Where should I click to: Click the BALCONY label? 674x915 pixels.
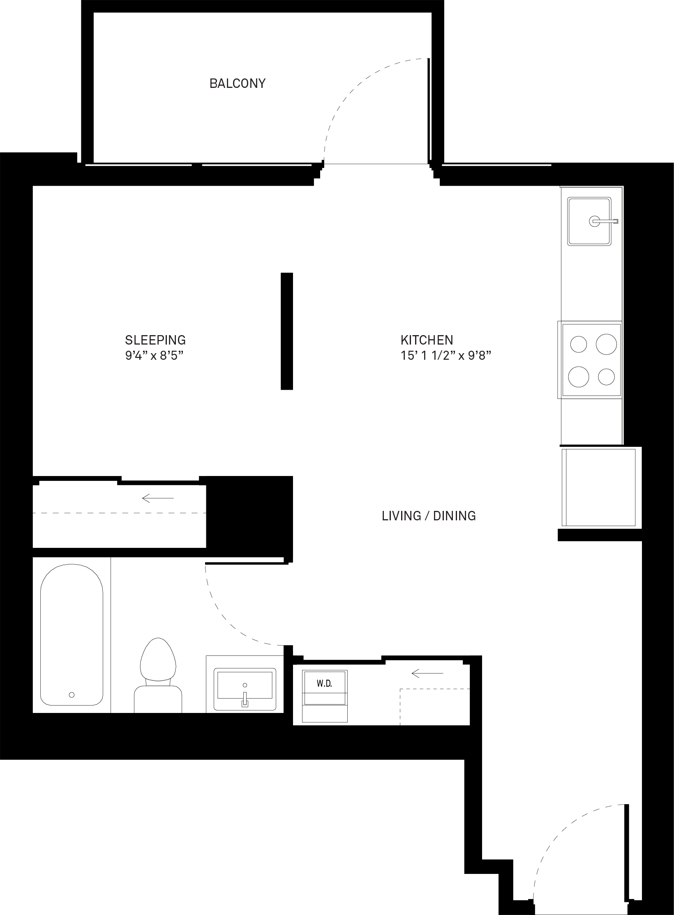coord(238,83)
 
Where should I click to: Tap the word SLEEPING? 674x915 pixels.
coord(155,340)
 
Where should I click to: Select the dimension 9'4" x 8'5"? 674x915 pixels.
coord(154,356)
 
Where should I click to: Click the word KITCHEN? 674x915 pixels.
coord(427,340)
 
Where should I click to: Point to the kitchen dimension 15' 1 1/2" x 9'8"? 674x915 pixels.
coord(446,356)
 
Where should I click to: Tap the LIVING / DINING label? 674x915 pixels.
coord(429,516)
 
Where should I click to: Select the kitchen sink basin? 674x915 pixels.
coord(589,221)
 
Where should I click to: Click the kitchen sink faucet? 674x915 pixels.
coord(604,221)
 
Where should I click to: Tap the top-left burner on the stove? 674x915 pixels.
coord(579,344)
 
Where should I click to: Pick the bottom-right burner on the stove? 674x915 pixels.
coord(606,377)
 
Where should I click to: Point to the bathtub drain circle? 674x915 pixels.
coord(72,695)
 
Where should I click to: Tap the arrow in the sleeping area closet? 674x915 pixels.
coord(158,498)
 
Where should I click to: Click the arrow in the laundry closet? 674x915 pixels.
coord(427,673)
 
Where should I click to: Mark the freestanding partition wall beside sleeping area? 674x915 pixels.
coord(287,331)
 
